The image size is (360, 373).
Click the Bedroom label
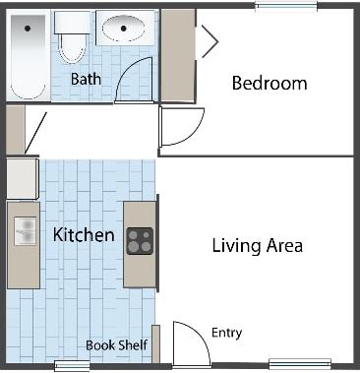pos(269,83)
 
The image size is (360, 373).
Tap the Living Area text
pos(257,245)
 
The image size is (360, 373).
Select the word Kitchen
pos(84,235)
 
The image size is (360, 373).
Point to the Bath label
pos(87,79)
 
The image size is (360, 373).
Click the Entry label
pos(226,333)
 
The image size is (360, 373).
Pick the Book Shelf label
pos(116,344)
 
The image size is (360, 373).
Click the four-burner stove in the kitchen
pos(140,241)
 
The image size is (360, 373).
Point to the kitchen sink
pos(22,232)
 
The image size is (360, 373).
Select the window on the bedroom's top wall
pos(285,6)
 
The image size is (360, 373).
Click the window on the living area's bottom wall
pos(299,363)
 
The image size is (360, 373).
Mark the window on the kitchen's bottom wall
pos(72,366)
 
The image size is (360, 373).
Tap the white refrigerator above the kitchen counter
pos(22,179)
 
